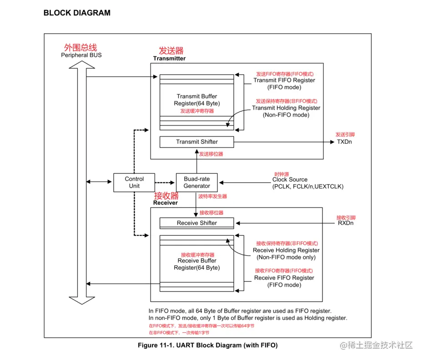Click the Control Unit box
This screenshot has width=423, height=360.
coord(134,183)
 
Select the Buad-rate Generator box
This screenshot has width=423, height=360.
coord(196,183)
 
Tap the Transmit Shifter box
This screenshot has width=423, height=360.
coord(196,142)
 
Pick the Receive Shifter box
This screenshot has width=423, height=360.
coord(196,223)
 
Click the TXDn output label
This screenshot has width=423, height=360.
coord(344,142)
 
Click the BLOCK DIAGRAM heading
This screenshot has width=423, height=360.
coord(77,13)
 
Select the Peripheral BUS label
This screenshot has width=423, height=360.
coord(81,55)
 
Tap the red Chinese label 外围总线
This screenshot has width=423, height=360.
coord(81,47)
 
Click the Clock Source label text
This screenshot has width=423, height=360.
coord(290,180)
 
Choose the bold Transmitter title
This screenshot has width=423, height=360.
coord(169,58)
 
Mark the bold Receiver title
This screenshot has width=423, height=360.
coord(166,203)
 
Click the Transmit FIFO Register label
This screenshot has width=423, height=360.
coord(284,81)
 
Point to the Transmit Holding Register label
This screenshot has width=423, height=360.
coord(286,108)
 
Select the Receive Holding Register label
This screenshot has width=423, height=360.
coord(286,250)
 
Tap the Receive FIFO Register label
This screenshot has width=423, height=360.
coord(284,278)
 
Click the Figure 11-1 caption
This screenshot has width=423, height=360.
coord(207,345)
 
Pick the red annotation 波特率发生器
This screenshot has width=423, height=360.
coord(212,197)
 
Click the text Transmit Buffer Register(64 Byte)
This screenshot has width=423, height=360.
coord(196,100)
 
